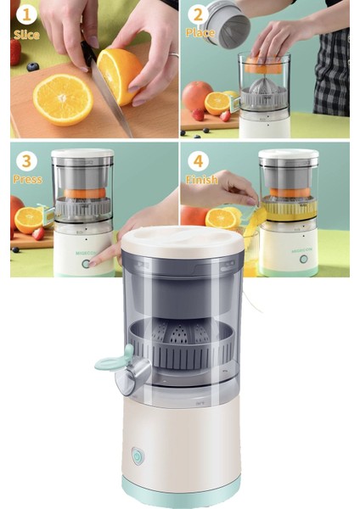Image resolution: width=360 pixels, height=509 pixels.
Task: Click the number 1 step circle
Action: tap(26, 15)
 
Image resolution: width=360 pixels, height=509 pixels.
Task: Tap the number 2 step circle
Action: tap(198, 14)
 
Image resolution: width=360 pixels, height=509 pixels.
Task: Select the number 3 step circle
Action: tap(26, 160)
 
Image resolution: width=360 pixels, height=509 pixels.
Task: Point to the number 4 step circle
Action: tap(198, 160)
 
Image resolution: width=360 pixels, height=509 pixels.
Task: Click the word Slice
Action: tap(26, 35)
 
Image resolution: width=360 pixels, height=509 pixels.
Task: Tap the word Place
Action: tap(200, 33)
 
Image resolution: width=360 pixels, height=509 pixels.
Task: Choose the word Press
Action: tap(28, 180)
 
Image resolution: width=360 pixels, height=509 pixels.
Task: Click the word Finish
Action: tap(202, 179)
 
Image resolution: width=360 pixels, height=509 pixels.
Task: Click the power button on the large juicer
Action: tap(137, 456)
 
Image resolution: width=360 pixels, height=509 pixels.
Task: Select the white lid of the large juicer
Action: tap(183, 240)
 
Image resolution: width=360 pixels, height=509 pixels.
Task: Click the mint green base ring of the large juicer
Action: tap(182, 492)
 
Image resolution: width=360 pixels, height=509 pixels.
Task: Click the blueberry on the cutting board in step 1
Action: tap(33, 67)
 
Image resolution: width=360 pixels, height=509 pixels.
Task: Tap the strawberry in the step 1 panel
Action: tap(15, 52)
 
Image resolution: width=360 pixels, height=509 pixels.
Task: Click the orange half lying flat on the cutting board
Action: tap(63, 99)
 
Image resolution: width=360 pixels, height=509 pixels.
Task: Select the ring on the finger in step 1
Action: tap(174, 54)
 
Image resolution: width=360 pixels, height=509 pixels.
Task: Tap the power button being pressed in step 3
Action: tap(86, 263)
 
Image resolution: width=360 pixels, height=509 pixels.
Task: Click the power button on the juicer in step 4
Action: tap(303, 259)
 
